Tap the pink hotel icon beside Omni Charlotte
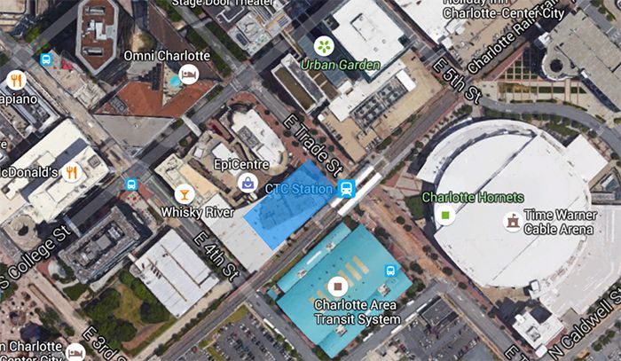tap(188, 74)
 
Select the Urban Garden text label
tap(340, 66)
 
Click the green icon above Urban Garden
tap(325, 45)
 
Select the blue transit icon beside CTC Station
tap(347, 188)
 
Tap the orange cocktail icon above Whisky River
tap(185, 193)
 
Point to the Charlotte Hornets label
tap(474, 197)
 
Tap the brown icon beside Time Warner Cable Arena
tap(512, 221)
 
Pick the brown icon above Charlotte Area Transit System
tap(336, 286)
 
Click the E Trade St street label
tap(310, 143)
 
